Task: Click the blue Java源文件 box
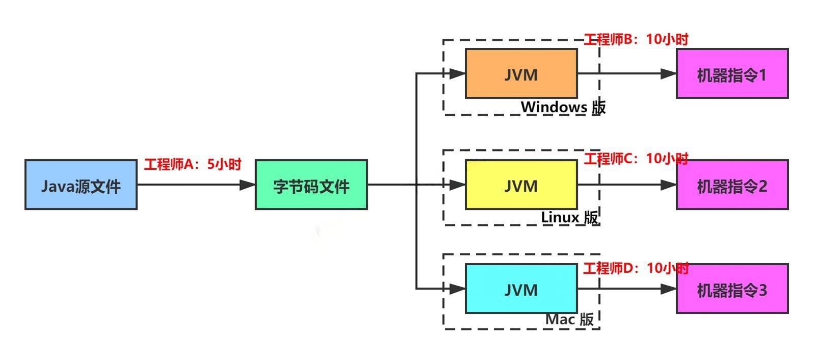pyautogui.click(x=81, y=185)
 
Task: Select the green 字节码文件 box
pyautogui.click(x=311, y=185)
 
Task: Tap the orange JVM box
pyautogui.click(x=521, y=73)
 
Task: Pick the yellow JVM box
pyautogui.click(x=521, y=185)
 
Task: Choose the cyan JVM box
pyautogui.click(x=521, y=289)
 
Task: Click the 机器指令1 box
pyautogui.click(x=732, y=73)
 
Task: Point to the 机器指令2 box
pyautogui.click(x=732, y=185)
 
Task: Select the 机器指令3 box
pyautogui.click(x=732, y=289)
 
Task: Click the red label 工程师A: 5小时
pyautogui.click(x=193, y=164)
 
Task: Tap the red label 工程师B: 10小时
pyautogui.click(x=636, y=39)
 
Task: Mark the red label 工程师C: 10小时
pyautogui.click(x=636, y=159)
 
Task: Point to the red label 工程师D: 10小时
pyautogui.click(x=636, y=268)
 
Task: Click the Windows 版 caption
pyautogui.click(x=563, y=107)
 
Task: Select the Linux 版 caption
pyautogui.click(x=569, y=217)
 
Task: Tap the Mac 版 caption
pyautogui.click(x=569, y=320)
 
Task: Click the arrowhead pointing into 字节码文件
pyautogui.click(x=248, y=185)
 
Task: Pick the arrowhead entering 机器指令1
pyautogui.click(x=668, y=73)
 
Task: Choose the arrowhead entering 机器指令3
pyautogui.click(x=668, y=289)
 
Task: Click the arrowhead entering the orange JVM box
pyautogui.click(x=458, y=73)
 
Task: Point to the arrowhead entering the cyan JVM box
pyautogui.click(x=458, y=289)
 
